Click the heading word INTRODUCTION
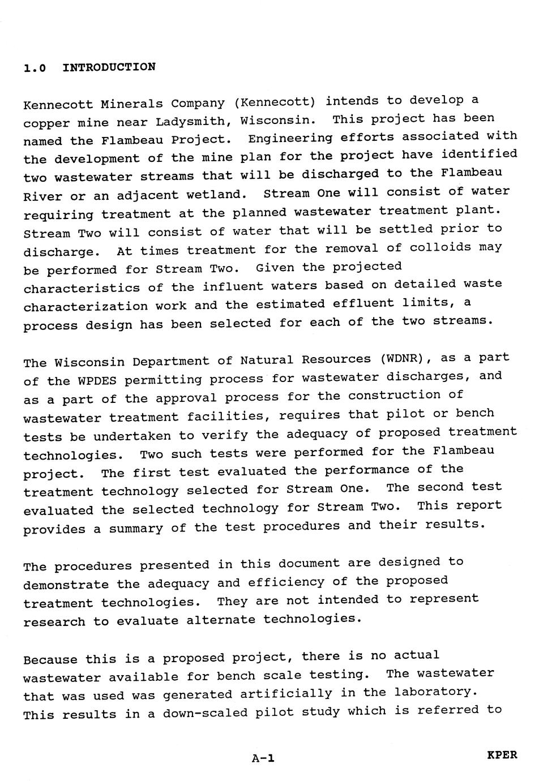[x=109, y=67]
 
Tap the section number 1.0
[x=34, y=68]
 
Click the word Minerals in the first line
[x=131, y=104]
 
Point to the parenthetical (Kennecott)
[x=274, y=102]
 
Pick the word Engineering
[x=290, y=138]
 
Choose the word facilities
[x=228, y=417]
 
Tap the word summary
[x=135, y=529]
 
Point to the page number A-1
[x=263, y=758]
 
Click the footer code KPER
[x=502, y=755]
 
